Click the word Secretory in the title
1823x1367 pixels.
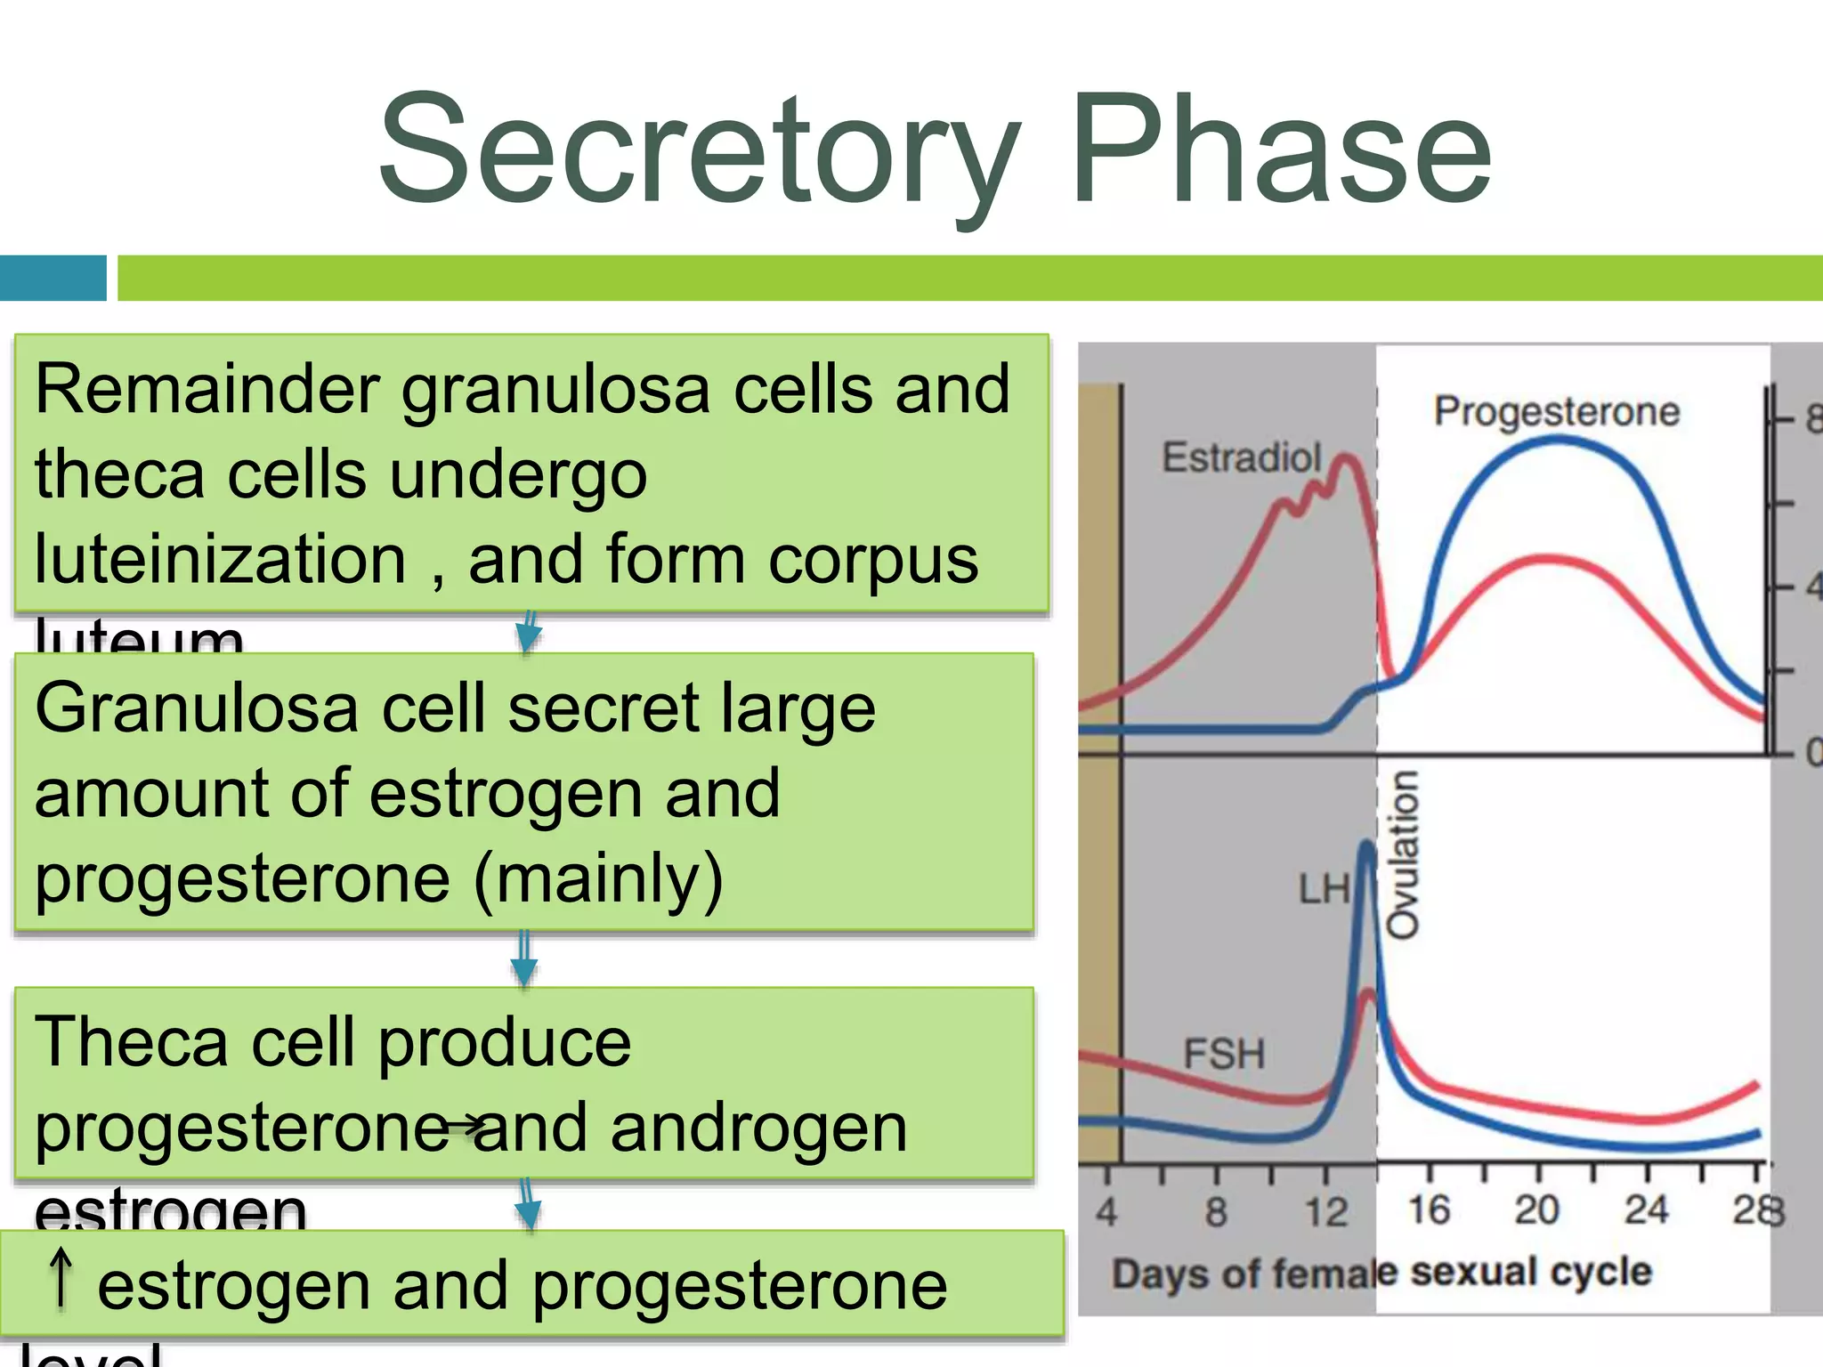coord(699,151)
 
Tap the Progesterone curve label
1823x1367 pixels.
coord(1556,412)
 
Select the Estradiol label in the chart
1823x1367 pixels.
coord(1242,457)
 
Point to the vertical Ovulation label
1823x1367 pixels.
coord(1404,854)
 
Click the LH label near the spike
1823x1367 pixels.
coord(1324,889)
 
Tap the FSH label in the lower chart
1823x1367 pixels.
coord(1224,1055)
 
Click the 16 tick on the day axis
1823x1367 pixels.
coord(1429,1210)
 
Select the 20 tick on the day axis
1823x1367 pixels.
coord(1537,1210)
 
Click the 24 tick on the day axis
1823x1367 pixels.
coord(1646,1210)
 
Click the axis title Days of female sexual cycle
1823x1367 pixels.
coord(1381,1273)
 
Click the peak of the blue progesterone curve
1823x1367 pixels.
coord(1556,440)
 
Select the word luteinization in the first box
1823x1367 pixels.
coord(220,560)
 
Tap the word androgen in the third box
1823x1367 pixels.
coord(758,1128)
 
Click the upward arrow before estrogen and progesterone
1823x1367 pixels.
coord(61,1278)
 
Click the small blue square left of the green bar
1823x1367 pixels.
coord(53,278)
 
